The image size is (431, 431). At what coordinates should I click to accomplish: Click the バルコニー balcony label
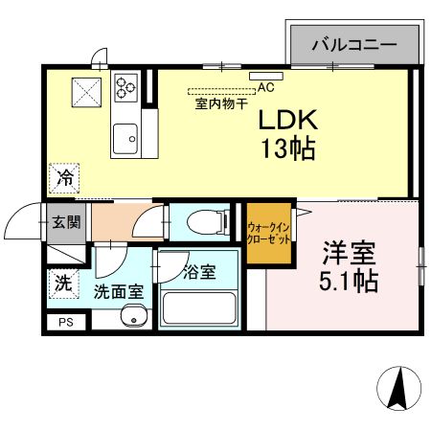point(353,44)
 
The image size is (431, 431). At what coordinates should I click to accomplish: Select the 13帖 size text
point(284,149)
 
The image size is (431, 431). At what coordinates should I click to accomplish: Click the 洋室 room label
point(349,255)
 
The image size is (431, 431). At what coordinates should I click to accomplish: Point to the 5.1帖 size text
point(349,282)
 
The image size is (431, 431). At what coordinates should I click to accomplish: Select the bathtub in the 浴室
point(200,309)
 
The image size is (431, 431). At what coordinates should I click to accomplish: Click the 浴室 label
point(200,272)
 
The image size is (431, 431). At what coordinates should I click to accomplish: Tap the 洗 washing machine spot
point(62,284)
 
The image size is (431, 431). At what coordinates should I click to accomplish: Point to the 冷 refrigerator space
point(65,177)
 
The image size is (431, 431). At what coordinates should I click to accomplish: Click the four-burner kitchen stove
point(126,88)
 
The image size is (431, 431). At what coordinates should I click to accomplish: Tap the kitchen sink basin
point(126,141)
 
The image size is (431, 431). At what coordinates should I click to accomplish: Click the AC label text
point(265,87)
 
